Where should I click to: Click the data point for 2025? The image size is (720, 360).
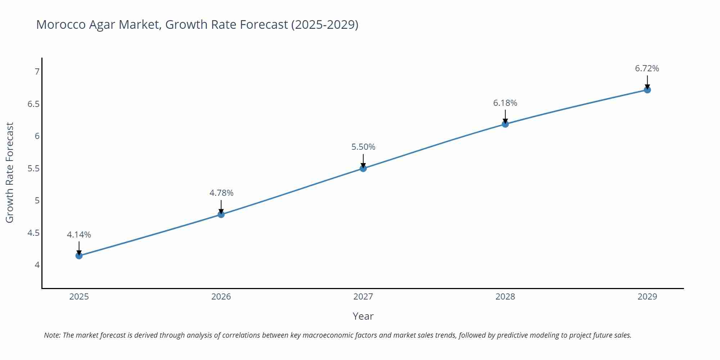[79, 256]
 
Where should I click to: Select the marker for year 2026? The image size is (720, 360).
[221, 215]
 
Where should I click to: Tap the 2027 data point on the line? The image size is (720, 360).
[363, 168]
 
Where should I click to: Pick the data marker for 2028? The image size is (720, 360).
[505, 124]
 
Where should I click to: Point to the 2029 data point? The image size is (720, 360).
[647, 90]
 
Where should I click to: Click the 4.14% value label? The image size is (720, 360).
[79, 235]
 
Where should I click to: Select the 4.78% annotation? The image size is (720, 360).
[221, 193]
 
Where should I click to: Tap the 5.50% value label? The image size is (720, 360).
[363, 147]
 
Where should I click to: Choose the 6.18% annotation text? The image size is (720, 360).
[505, 103]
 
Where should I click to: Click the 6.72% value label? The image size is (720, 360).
[647, 68]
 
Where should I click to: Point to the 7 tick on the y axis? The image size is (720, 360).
[37, 72]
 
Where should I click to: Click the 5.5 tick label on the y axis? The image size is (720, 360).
[33, 168]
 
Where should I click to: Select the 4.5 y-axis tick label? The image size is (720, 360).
[33, 233]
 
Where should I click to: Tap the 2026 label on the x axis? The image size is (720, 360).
[221, 297]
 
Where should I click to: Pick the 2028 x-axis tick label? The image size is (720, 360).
[505, 297]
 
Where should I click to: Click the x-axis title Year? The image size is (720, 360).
[363, 316]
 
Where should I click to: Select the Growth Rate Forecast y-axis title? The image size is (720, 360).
[10, 172]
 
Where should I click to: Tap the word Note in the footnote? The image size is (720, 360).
[52, 335]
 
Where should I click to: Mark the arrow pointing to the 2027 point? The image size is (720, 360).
[363, 161]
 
